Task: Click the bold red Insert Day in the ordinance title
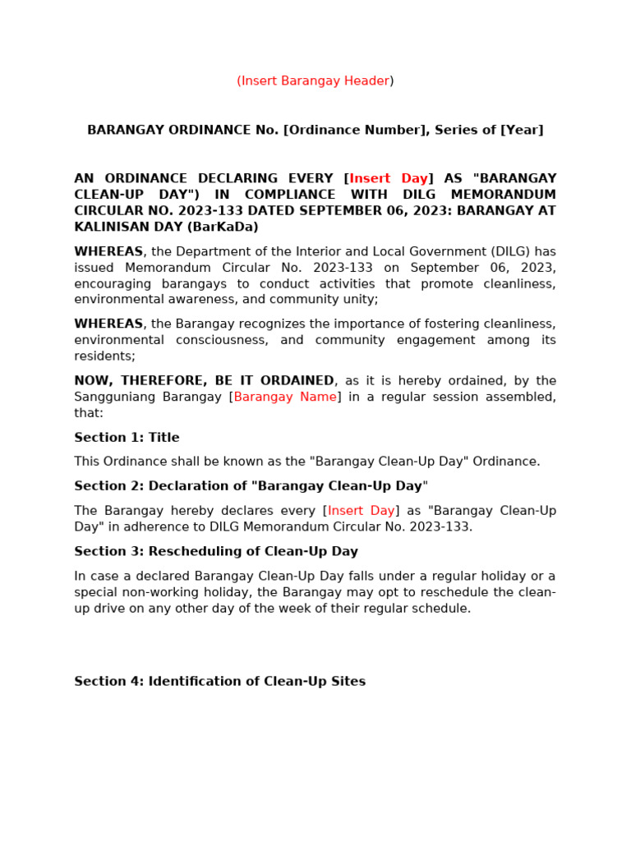(x=389, y=178)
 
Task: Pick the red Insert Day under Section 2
(x=362, y=511)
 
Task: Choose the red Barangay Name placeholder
(x=285, y=397)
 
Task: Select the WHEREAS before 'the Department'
(x=108, y=251)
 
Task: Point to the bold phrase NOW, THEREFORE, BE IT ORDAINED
(x=204, y=380)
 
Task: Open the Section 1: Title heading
(x=127, y=438)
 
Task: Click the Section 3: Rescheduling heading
(x=216, y=551)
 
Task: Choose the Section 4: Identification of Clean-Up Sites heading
(x=219, y=682)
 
